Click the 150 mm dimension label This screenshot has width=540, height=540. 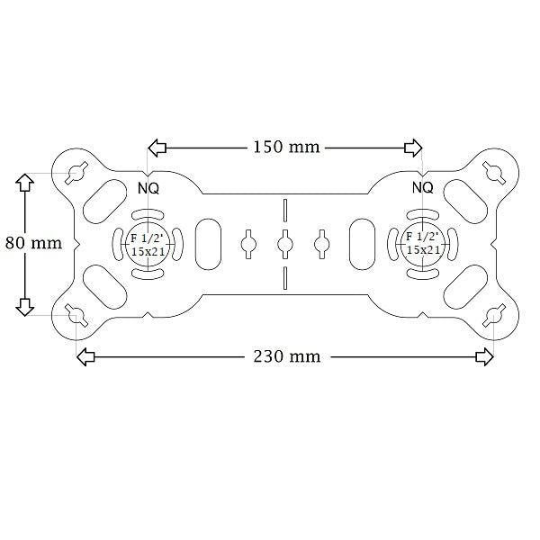pos(284,147)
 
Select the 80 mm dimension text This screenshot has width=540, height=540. pos(33,243)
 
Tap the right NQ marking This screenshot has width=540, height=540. pos(422,188)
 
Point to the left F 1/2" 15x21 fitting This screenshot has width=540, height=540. pos(147,243)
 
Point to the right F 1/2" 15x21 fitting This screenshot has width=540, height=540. pos(422,243)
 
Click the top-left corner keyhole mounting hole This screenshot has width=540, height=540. pos(76,171)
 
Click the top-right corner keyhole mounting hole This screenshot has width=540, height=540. pos(493,171)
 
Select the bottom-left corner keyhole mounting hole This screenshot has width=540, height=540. pos(76,315)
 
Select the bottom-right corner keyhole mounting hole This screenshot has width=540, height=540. pos(493,315)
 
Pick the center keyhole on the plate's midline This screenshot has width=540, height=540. pos(284,243)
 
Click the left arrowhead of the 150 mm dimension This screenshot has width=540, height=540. pos(157,147)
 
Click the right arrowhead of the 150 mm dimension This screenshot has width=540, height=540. pos(413,147)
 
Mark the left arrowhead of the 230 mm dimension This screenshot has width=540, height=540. pos(85,357)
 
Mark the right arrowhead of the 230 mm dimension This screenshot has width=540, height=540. pos(484,357)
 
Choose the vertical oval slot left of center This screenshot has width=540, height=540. pos(207,243)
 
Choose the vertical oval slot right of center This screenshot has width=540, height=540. pos(362,243)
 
